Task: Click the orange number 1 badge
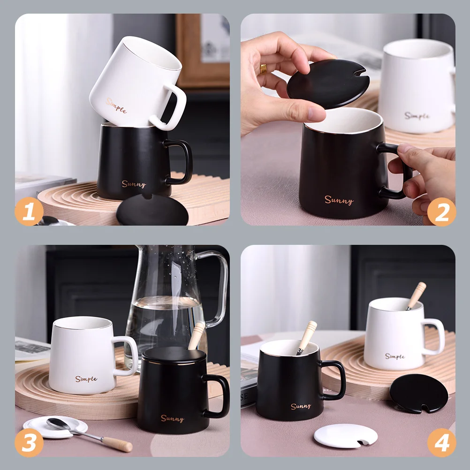(x=29, y=212)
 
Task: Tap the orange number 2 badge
(x=441, y=212)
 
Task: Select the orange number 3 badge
(x=29, y=443)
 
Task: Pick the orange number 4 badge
(x=441, y=443)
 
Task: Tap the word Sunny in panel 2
(x=339, y=200)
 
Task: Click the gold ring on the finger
(x=263, y=69)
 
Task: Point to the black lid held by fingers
(x=328, y=83)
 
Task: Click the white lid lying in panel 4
(x=346, y=436)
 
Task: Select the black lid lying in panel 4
(x=418, y=393)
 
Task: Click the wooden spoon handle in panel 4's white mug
(x=417, y=296)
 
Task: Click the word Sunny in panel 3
(x=172, y=418)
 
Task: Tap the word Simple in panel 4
(x=395, y=356)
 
